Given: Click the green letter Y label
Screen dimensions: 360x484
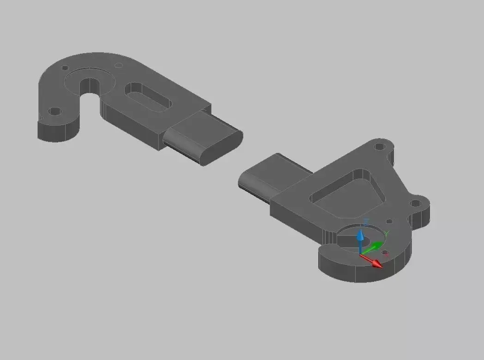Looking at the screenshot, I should [x=387, y=233].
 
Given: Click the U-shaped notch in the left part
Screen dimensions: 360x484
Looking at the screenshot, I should [x=90, y=88].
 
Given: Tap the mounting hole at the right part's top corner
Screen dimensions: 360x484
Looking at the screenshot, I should [x=380, y=147].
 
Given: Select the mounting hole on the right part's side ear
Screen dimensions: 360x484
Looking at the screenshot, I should [x=415, y=203].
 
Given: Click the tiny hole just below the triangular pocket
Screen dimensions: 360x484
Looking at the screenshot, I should [x=389, y=222].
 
